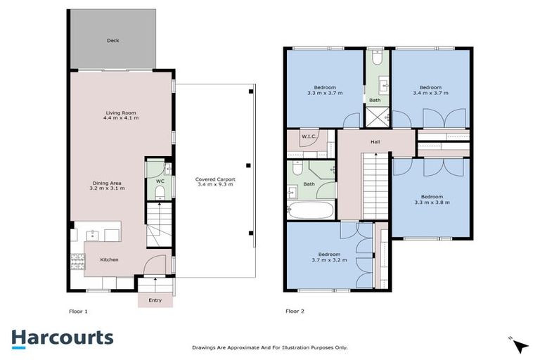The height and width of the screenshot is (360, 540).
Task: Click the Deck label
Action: [112, 41]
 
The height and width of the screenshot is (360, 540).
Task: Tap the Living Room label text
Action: [121, 115]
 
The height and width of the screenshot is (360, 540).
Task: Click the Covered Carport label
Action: [215, 183]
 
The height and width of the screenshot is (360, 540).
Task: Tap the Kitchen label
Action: [109, 260]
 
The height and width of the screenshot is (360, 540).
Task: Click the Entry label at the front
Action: [155, 300]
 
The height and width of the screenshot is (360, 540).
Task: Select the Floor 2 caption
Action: [295, 311]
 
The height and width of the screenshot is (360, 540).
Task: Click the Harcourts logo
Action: [62, 337]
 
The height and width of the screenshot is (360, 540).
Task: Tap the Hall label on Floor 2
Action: [375, 141]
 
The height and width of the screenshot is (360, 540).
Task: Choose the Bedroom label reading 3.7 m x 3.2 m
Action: [328, 257]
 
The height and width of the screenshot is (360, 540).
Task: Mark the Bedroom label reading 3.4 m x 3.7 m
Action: [430, 89]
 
